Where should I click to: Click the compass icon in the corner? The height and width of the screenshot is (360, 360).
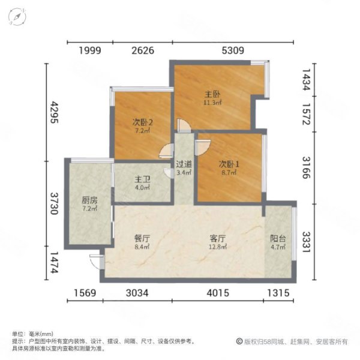pyautogui.click(x=17, y=17)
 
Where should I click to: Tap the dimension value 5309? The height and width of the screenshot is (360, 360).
pyautogui.click(x=233, y=50)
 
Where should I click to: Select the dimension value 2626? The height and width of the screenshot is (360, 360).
pyautogui.click(x=143, y=50)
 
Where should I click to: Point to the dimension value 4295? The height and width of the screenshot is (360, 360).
pyautogui.click(x=55, y=113)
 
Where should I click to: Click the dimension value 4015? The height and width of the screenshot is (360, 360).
pyautogui.click(x=218, y=293)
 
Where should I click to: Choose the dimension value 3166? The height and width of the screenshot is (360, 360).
pyautogui.click(x=306, y=167)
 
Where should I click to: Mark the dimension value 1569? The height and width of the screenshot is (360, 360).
pyautogui.click(x=85, y=293)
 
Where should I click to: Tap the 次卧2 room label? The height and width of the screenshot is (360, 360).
pyautogui.click(x=143, y=122)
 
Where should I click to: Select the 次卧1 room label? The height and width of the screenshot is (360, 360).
pyautogui.click(x=229, y=164)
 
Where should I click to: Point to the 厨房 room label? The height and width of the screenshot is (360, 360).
pyautogui.click(x=89, y=200)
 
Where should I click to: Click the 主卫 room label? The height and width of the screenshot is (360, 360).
pyautogui.click(x=142, y=179)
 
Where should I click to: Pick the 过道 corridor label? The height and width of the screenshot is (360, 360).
pyautogui.click(x=184, y=164)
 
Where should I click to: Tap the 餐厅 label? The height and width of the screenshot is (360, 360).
pyautogui.click(x=142, y=239)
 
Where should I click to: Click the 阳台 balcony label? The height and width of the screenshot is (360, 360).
pyautogui.click(x=278, y=239)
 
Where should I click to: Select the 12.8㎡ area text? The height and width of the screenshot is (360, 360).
pyautogui.click(x=218, y=247)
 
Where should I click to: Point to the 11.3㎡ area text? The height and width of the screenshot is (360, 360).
pyautogui.click(x=212, y=103)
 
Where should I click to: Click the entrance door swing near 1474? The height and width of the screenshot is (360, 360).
pyautogui.click(x=96, y=262)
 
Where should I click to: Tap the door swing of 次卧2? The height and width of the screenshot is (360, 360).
pyautogui.click(x=166, y=151)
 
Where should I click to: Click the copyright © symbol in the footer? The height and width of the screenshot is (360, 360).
pyautogui.click(x=239, y=341)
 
